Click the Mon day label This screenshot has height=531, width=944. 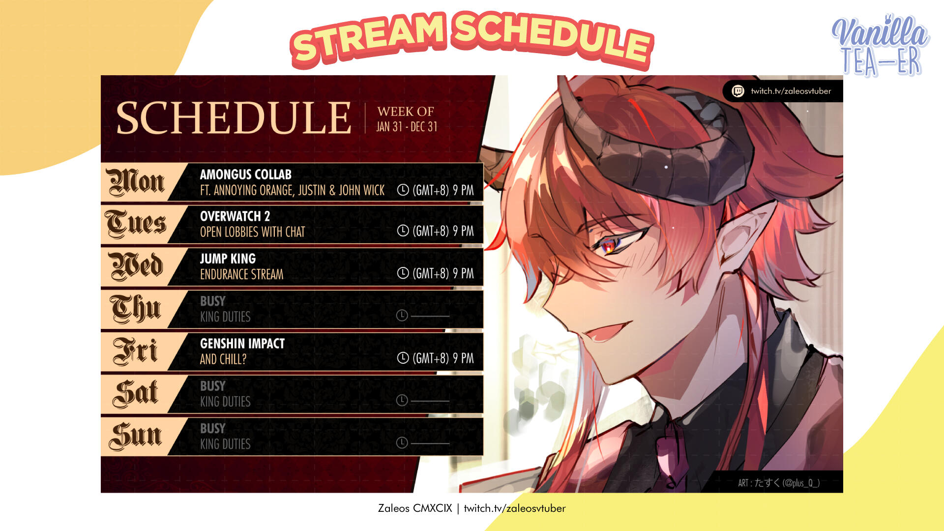point(135,182)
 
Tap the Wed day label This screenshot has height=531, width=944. point(136,266)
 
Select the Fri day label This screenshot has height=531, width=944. point(135,351)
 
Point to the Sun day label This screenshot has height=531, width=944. point(135,436)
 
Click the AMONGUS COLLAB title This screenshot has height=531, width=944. point(245,175)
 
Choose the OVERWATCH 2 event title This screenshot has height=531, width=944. point(235,216)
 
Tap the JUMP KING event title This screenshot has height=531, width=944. point(228,259)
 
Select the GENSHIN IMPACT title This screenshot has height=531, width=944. point(242,343)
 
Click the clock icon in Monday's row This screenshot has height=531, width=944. point(403,190)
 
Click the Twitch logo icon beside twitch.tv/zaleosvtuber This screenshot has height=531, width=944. point(737,91)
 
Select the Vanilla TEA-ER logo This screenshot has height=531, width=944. point(880,45)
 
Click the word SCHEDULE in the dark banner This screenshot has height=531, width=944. point(234,118)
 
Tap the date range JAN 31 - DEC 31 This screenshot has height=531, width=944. point(407,127)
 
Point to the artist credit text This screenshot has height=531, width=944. point(779,483)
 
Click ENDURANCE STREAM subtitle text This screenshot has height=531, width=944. point(241,274)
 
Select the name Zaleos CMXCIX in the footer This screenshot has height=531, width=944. point(415,508)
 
